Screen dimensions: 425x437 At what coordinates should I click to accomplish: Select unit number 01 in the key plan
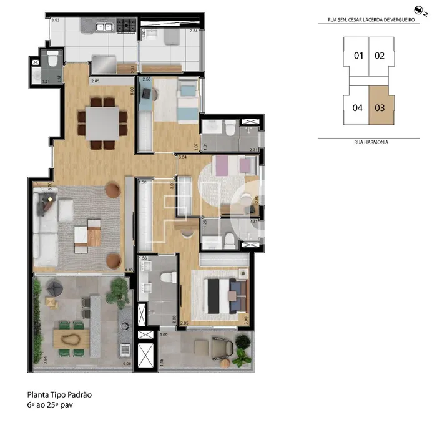(x=358, y=56)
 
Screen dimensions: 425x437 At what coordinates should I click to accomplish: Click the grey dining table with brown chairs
(x=102, y=124)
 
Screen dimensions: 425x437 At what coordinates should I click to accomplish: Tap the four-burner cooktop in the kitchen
(x=127, y=26)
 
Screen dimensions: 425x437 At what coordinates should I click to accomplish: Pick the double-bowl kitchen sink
(x=104, y=27)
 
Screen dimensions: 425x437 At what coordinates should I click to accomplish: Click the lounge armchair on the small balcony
(x=222, y=348)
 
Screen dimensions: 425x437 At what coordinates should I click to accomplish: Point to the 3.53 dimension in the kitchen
(x=56, y=21)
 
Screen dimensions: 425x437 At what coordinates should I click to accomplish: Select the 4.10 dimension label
(x=129, y=270)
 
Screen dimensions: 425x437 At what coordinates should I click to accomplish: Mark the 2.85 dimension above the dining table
(x=95, y=82)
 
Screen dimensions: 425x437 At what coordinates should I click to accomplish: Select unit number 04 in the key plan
(x=358, y=107)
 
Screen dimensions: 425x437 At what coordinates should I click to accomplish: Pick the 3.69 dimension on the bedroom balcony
(x=164, y=336)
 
